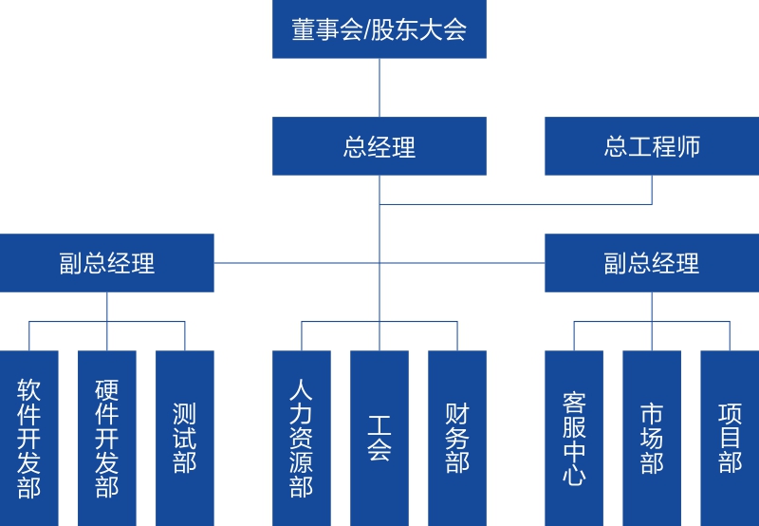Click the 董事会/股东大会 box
tap(379, 29)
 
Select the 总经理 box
tap(379, 146)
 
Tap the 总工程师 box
tap(652, 146)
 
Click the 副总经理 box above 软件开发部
tap(107, 263)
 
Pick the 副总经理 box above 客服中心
tap(652, 263)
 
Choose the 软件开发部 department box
tap(29, 438)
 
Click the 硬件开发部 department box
tap(107, 438)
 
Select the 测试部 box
tap(185, 438)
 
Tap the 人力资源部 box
tap(302, 438)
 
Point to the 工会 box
tap(379, 438)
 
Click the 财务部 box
tap(457, 438)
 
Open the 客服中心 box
tap(574, 438)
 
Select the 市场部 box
tap(652, 438)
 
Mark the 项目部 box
tap(730, 438)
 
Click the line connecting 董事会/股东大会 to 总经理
tap(379, 87)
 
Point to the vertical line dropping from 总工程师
tap(652, 190)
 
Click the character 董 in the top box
tap(304, 29)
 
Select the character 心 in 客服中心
tap(574, 475)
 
